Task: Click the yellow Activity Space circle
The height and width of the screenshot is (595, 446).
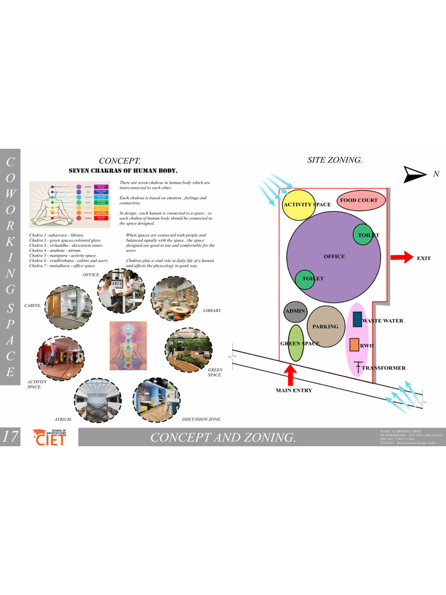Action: click(298, 205)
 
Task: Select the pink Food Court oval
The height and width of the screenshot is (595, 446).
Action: click(358, 200)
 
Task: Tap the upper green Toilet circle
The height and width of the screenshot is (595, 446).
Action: click(363, 234)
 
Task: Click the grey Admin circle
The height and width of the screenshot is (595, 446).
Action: click(295, 312)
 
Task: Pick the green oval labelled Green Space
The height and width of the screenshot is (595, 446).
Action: click(296, 343)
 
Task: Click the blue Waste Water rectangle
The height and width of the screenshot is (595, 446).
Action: click(357, 319)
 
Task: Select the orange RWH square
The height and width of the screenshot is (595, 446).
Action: click(354, 345)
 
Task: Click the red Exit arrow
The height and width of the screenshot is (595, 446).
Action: click(401, 257)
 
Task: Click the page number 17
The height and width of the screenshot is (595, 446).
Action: click(10, 437)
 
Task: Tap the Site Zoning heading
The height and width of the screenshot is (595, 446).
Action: click(334, 160)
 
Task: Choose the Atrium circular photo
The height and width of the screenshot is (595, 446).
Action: click(97, 400)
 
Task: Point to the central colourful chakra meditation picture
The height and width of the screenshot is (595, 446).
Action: click(128, 346)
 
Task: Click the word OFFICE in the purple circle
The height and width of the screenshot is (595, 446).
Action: click(334, 256)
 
